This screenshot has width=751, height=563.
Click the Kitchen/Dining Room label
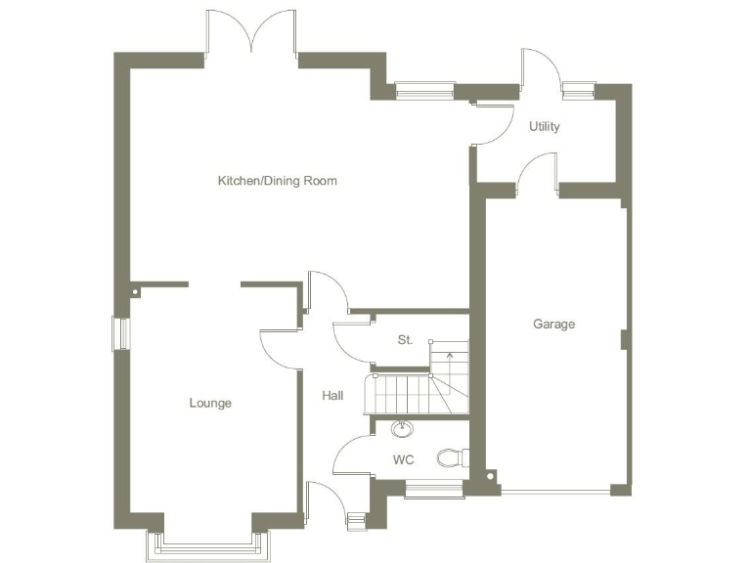tap(277, 181)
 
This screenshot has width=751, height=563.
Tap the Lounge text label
tap(210, 403)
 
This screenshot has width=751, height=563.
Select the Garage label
tap(553, 324)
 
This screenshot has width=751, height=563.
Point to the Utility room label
tap(545, 126)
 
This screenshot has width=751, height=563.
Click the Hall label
tap(332, 396)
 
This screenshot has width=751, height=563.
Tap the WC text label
tap(404, 457)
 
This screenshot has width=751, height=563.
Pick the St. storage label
tap(405, 340)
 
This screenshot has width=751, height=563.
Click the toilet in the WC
tap(453, 456)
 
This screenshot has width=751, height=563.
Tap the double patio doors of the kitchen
tap(251, 34)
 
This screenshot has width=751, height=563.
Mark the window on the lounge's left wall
tap(122, 332)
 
